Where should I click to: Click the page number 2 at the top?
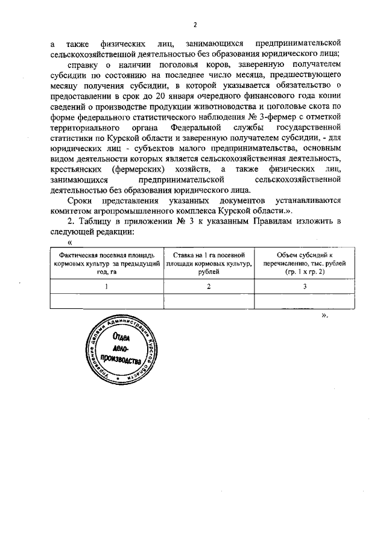195,25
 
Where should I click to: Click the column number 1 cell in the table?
106,287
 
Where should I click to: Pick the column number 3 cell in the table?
305,287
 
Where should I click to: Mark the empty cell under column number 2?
209,301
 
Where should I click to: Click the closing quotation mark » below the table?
326,314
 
